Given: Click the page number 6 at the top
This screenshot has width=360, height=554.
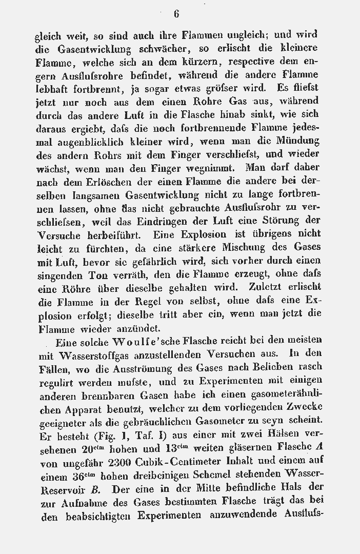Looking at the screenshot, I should tap(176, 14).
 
